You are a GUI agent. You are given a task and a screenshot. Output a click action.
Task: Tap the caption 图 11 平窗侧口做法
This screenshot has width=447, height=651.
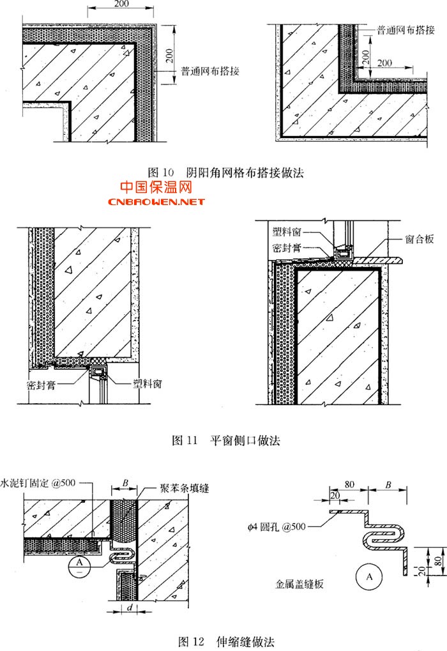tap(227, 440)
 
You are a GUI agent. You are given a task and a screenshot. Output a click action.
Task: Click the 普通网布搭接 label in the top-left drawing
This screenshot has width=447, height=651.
tap(210, 72)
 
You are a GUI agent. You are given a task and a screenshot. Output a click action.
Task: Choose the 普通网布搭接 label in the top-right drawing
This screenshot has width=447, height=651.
tap(406, 30)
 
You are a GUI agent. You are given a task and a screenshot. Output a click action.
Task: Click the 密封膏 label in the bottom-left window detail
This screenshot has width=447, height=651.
tap(40, 386)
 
